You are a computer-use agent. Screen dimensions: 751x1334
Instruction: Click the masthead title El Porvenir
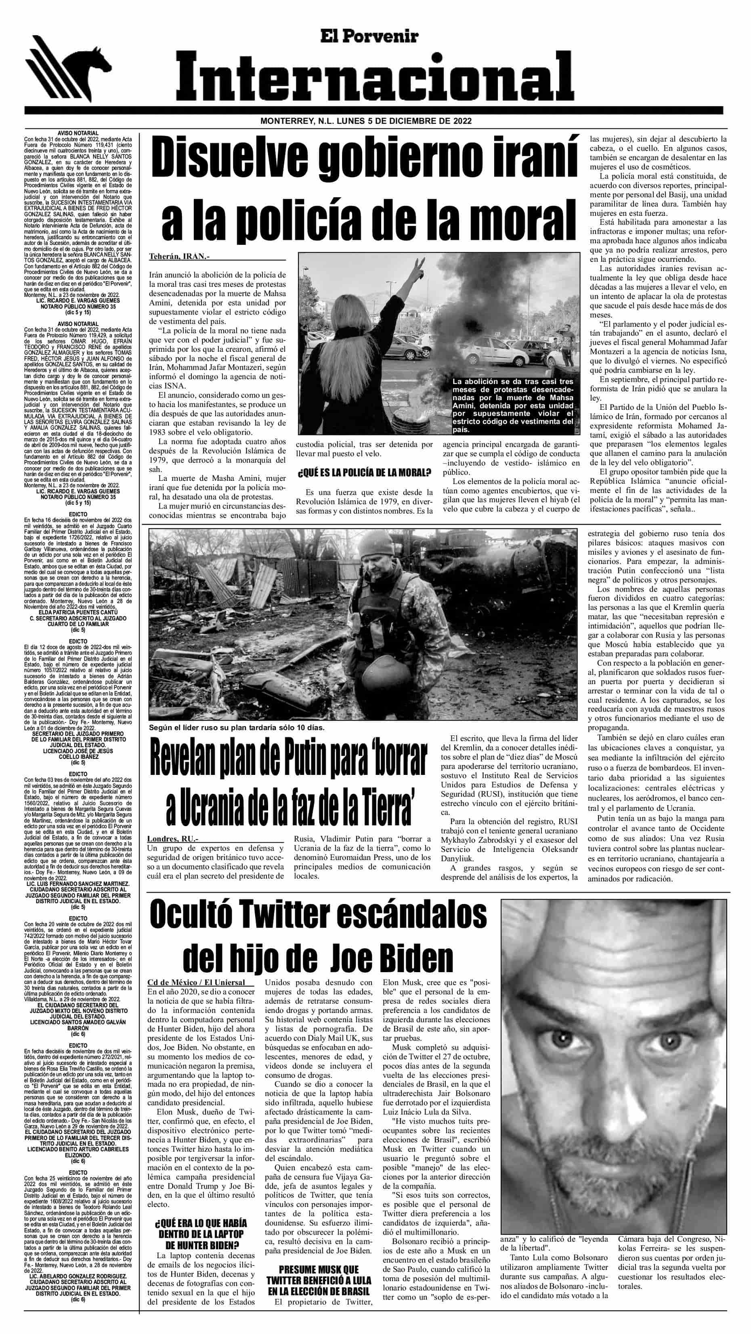coord(369,36)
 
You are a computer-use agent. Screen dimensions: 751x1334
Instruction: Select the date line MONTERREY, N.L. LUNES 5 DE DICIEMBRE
coord(366,121)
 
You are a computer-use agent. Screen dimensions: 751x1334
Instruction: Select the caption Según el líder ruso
coord(236,727)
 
